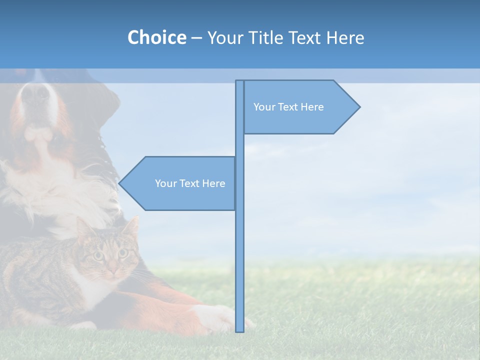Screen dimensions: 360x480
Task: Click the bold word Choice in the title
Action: click(x=156, y=37)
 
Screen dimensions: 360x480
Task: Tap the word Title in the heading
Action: click(x=266, y=38)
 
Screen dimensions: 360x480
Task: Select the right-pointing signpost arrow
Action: click(x=300, y=107)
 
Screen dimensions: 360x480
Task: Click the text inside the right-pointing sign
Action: click(x=288, y=107)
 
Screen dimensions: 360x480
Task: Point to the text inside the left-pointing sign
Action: click(x=190, y=183)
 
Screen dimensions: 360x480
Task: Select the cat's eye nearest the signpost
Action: click(x=122, y=253)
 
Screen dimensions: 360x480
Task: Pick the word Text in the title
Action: click(x=304, y=38)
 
